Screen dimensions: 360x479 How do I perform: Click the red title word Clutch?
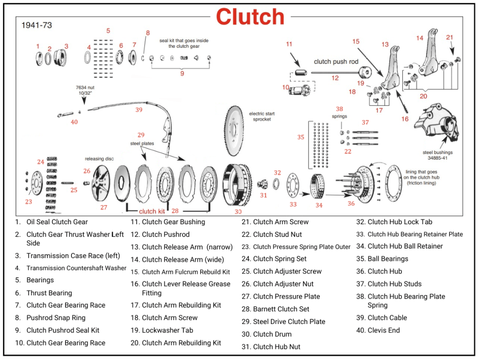click(x=250, y=17)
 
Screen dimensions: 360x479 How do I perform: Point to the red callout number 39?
click(x=138, y=110)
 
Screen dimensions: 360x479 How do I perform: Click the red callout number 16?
click(x=405, y=119)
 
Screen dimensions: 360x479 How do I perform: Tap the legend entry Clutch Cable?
click(x=387, y=318)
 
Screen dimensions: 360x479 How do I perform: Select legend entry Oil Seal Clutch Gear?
click(x=57, y=222)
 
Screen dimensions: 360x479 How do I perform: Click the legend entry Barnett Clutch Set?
click(x=281, y=309)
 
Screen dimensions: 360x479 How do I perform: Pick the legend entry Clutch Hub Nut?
click(x=276, y=347)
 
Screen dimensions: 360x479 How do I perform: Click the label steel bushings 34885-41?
click(x=437, y=155)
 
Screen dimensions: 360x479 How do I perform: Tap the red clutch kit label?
click(x=152, y=211)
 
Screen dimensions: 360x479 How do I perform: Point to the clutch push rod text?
click(x=336, y=62)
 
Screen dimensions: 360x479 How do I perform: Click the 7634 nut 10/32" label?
click(x=85, y=90)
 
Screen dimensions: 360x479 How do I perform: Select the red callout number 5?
click(x=108, y=31)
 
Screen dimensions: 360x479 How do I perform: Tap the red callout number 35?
click(x=300, y=137)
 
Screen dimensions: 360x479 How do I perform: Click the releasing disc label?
click(x=99, y=159)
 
